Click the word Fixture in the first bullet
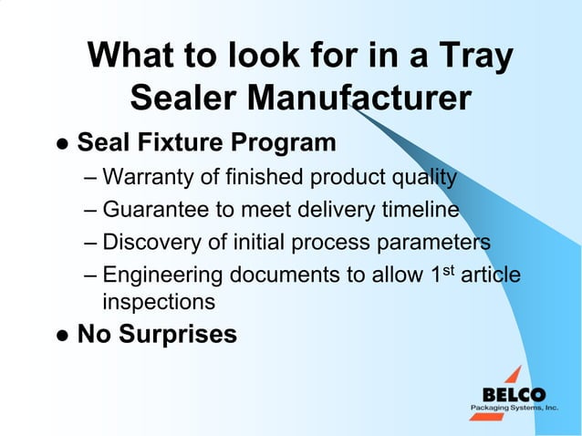[171, 143]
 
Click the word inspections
[160, 301]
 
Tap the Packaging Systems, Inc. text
[514, 409]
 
